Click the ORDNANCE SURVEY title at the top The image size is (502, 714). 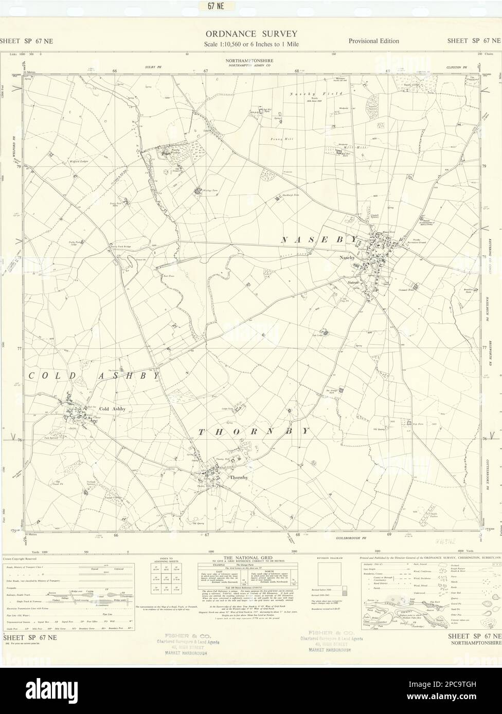click(251, 34)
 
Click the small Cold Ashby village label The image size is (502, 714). click(112, 409)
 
